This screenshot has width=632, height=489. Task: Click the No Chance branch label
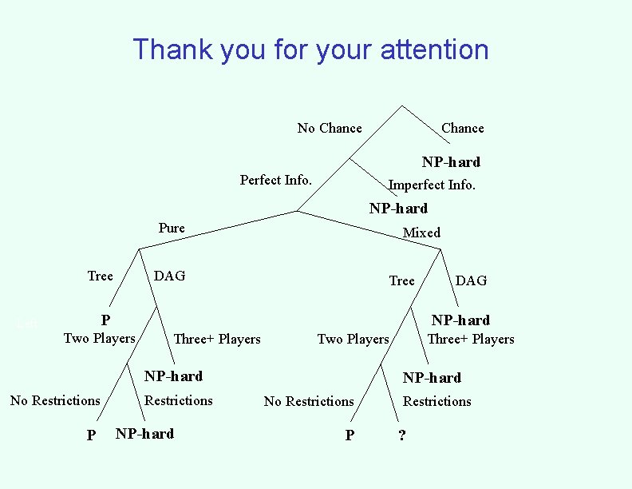point(329,128)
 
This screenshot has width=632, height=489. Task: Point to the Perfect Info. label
point(275,180)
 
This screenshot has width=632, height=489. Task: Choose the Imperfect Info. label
point(431,185)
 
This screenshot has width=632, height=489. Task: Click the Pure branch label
point(172,229)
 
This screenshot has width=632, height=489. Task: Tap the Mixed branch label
point(421,233)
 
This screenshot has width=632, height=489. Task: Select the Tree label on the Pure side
point(100,276)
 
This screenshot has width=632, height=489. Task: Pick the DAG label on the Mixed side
point(470,280)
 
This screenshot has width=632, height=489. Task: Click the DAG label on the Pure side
point(169,276)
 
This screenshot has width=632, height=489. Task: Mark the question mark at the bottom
point(401,435)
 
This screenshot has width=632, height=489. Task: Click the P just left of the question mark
point(349,435)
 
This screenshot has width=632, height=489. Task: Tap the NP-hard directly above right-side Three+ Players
point(460,320)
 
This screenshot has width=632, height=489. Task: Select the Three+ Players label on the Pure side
point(216,339)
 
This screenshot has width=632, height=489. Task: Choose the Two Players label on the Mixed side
point(353,339)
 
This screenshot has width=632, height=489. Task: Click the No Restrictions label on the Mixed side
point(308,401)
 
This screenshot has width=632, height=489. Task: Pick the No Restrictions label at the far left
point(55,400)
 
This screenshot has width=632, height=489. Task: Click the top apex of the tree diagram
point(401,106)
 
